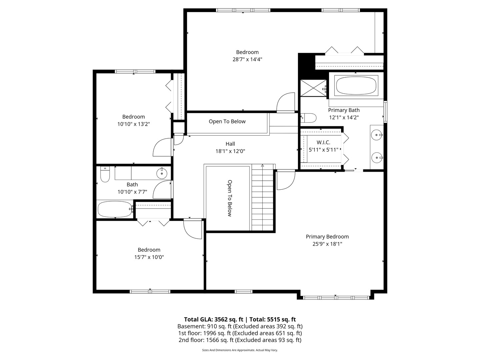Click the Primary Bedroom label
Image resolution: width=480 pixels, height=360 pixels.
pyautogui.click(x=327, y=237)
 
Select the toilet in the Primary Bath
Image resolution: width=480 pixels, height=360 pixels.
pyautogui.click(x=309, y=118)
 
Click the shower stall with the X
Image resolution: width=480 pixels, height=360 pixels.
pyautogui.click(x=313, y=88)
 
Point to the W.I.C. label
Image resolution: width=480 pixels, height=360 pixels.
pyautogui.click(x=323, y=143)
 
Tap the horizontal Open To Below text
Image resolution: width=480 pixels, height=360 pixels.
pyautogui.click(x=227, y=122)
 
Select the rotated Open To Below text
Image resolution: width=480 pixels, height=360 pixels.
pyautogui.click(x=229, y=198)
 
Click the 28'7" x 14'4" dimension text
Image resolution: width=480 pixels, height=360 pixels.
pyautogui.click(x=247, y=60)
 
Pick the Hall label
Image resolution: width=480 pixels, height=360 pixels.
pyautogui.click(x=230, y=144)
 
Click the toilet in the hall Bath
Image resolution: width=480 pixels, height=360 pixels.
pyautogui.click(x=105, y=174)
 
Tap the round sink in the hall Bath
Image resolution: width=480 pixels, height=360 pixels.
pyautogui.click(x=162, y=173)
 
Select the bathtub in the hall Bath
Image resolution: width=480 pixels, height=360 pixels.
pyautogui.click(x=114, y=209)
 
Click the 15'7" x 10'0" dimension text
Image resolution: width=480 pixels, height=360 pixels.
pyautogui.click(x=149, y=257)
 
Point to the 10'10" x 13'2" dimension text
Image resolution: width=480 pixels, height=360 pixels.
pyautogui.click(x=133, y=124)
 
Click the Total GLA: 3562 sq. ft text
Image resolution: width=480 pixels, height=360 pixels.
pyautogui.click(x=213, y=319)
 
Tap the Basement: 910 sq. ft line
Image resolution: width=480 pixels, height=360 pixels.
pyautogui.click(x=240, y=326)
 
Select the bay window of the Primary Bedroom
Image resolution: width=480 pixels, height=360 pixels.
pyautogui.click(x=336, y=297)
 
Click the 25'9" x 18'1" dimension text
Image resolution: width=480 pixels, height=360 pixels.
pyautogui.click(x=327, y=244)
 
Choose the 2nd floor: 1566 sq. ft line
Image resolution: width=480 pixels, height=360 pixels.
pyautogui.click(x=240, y=340)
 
